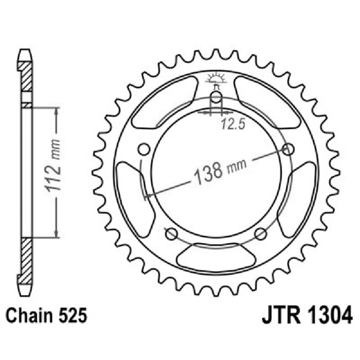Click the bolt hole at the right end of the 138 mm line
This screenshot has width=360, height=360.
tap(289, 149)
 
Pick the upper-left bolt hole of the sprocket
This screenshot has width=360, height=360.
tap(144, 149)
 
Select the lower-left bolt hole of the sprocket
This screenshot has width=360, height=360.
tap(171, 234)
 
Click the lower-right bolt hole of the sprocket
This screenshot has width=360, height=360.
tap(261, 234)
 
